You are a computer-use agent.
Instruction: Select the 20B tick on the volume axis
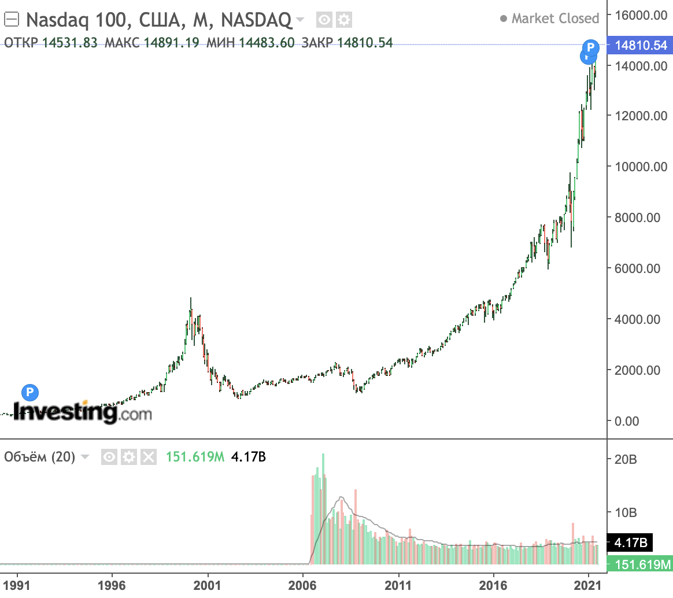626,460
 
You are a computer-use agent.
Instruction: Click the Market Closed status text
554,19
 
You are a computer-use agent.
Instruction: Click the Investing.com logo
82,412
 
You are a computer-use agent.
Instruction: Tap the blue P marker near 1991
29,393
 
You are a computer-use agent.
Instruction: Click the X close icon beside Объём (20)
149,457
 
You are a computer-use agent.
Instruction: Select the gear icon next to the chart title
344,21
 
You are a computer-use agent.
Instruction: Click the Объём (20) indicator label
40,457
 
